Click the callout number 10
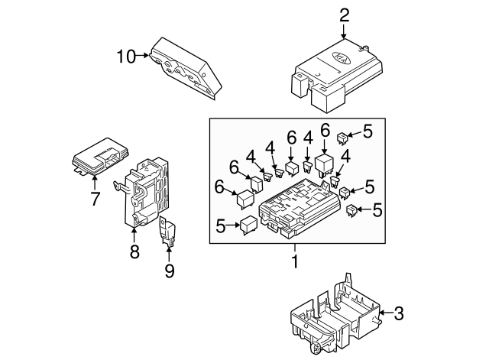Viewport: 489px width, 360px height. [126, 57]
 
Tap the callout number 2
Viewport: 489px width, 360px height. [344, 15]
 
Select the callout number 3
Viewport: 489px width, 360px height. [399, 313]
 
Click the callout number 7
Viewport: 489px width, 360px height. [95, 199]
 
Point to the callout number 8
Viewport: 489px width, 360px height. [134, 251]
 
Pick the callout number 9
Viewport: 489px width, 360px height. [170, 271]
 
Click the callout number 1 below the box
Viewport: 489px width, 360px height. [295, 261]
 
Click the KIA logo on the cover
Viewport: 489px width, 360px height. [342, 58]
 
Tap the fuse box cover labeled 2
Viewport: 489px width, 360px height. [337, 76]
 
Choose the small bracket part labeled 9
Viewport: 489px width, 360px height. [167, 232]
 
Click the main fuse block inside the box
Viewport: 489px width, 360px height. [299, 207]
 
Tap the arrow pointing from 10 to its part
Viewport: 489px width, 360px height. [143, 55]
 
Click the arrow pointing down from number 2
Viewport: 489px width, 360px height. [344, 31]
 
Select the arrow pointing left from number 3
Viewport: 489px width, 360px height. [386, 313]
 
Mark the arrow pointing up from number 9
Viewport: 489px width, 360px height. [169, 254]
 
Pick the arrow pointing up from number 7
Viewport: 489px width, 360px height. [94, 183]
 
